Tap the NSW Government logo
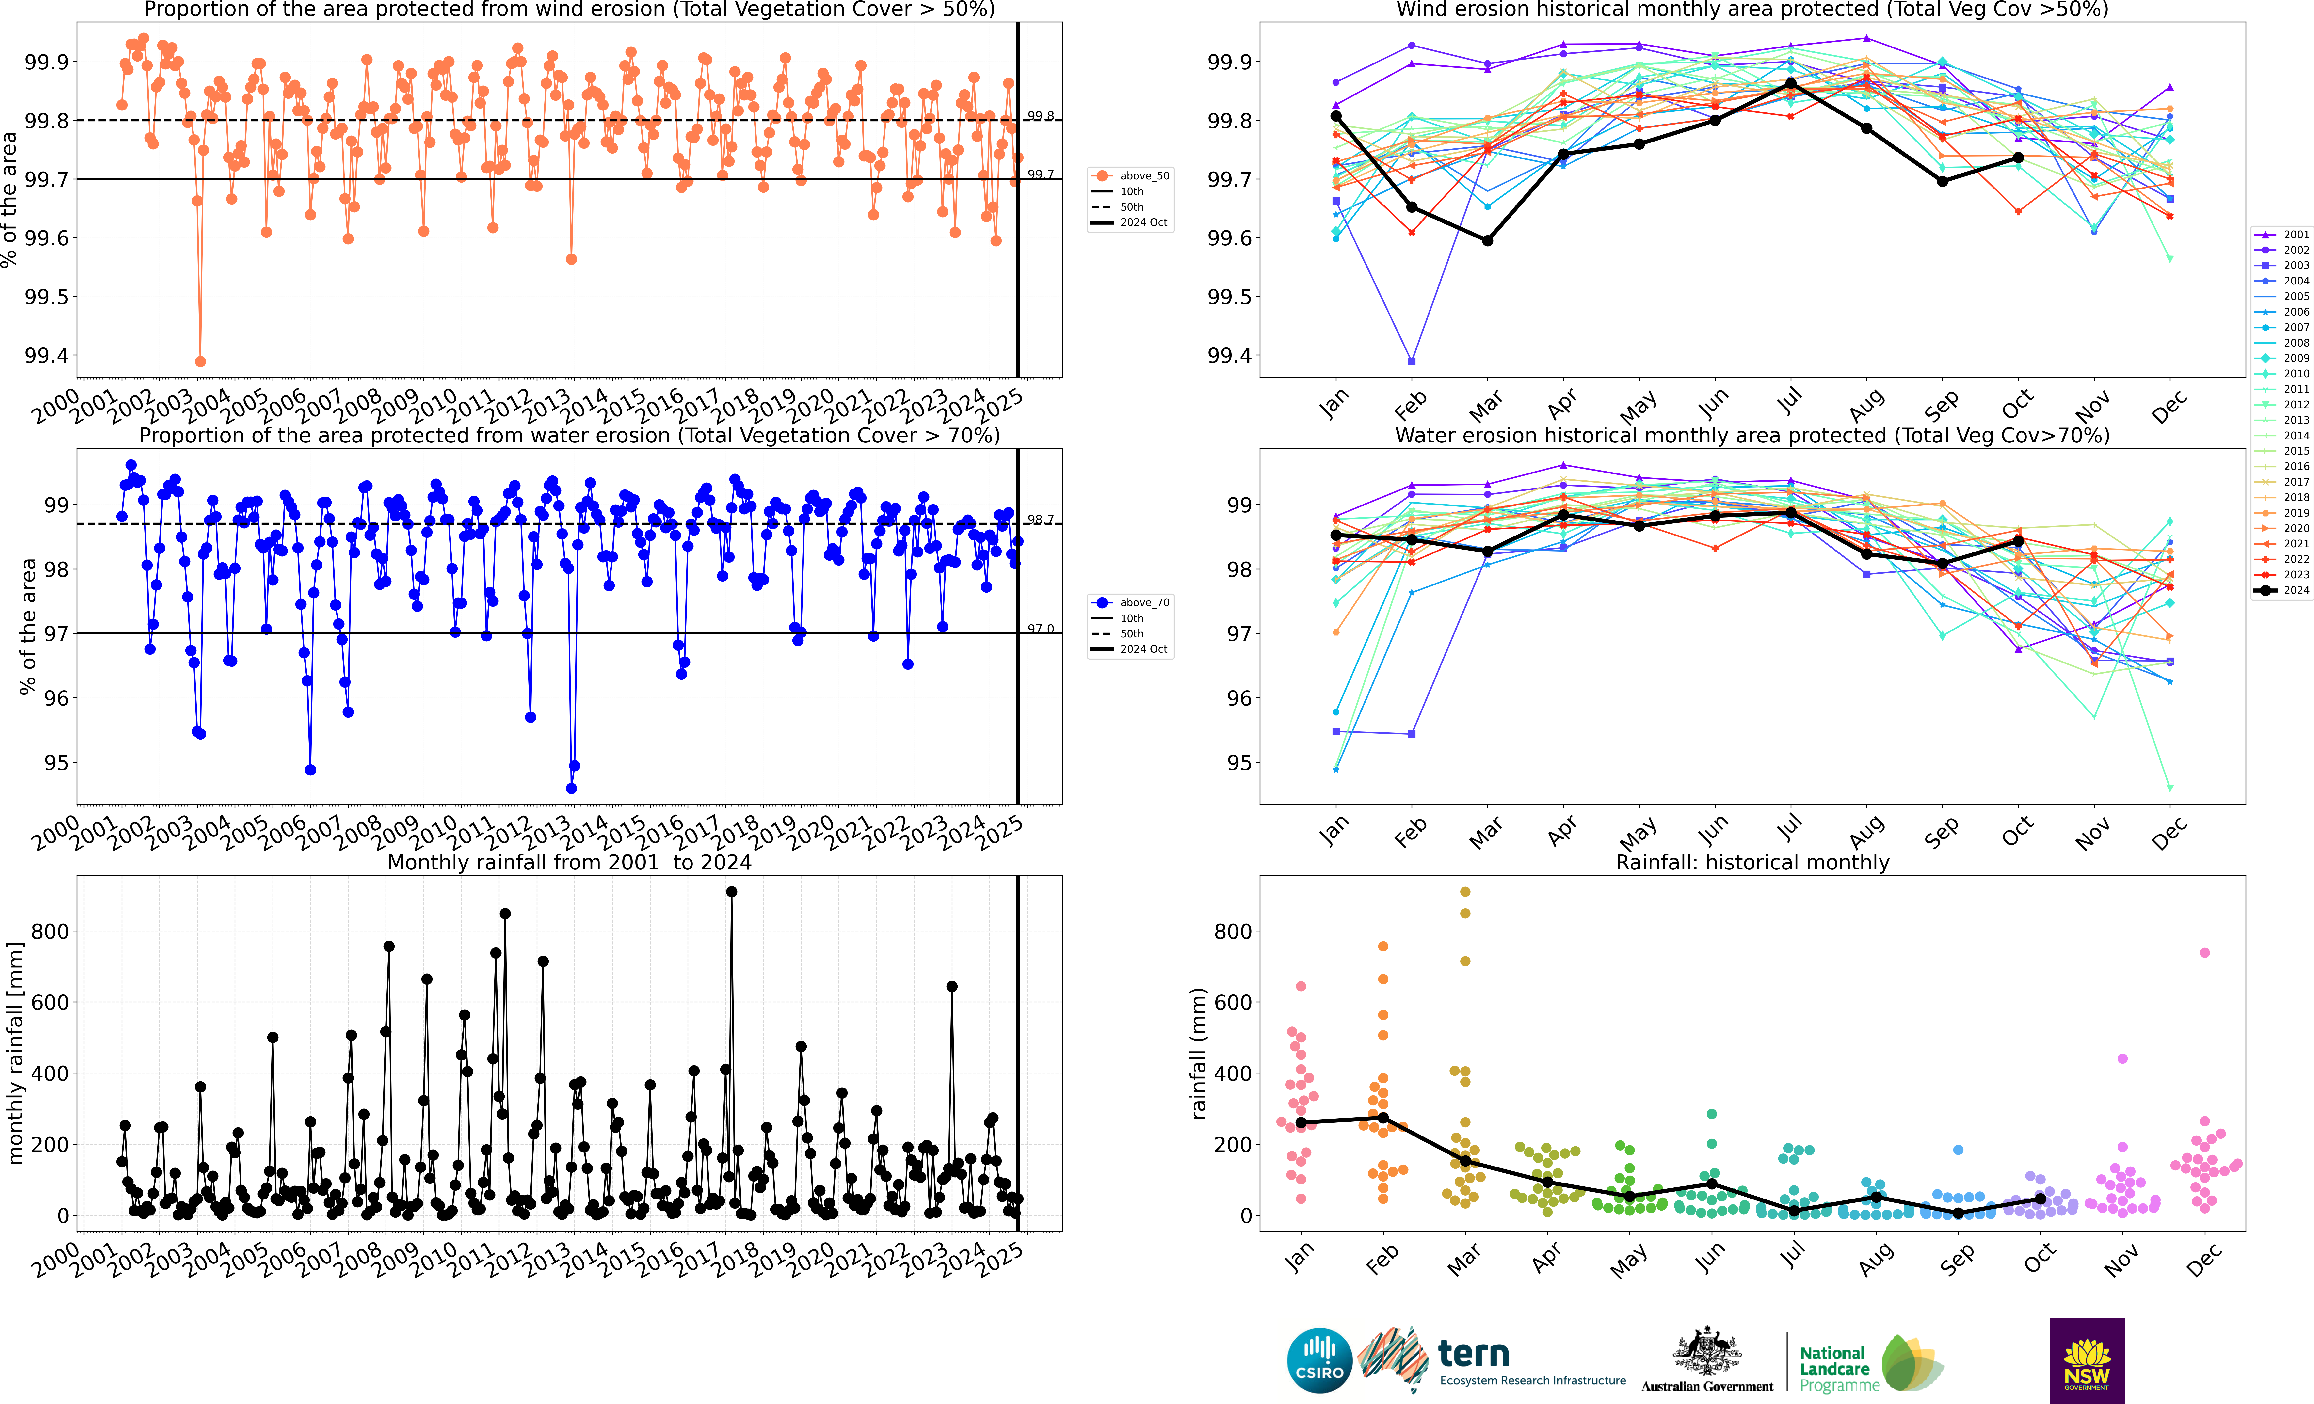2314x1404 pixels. coord(2087,1360)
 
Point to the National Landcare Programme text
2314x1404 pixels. coord(1839,1369)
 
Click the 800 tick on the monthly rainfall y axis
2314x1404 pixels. coord(50,932)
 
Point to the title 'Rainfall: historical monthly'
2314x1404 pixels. coord(1752,862)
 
